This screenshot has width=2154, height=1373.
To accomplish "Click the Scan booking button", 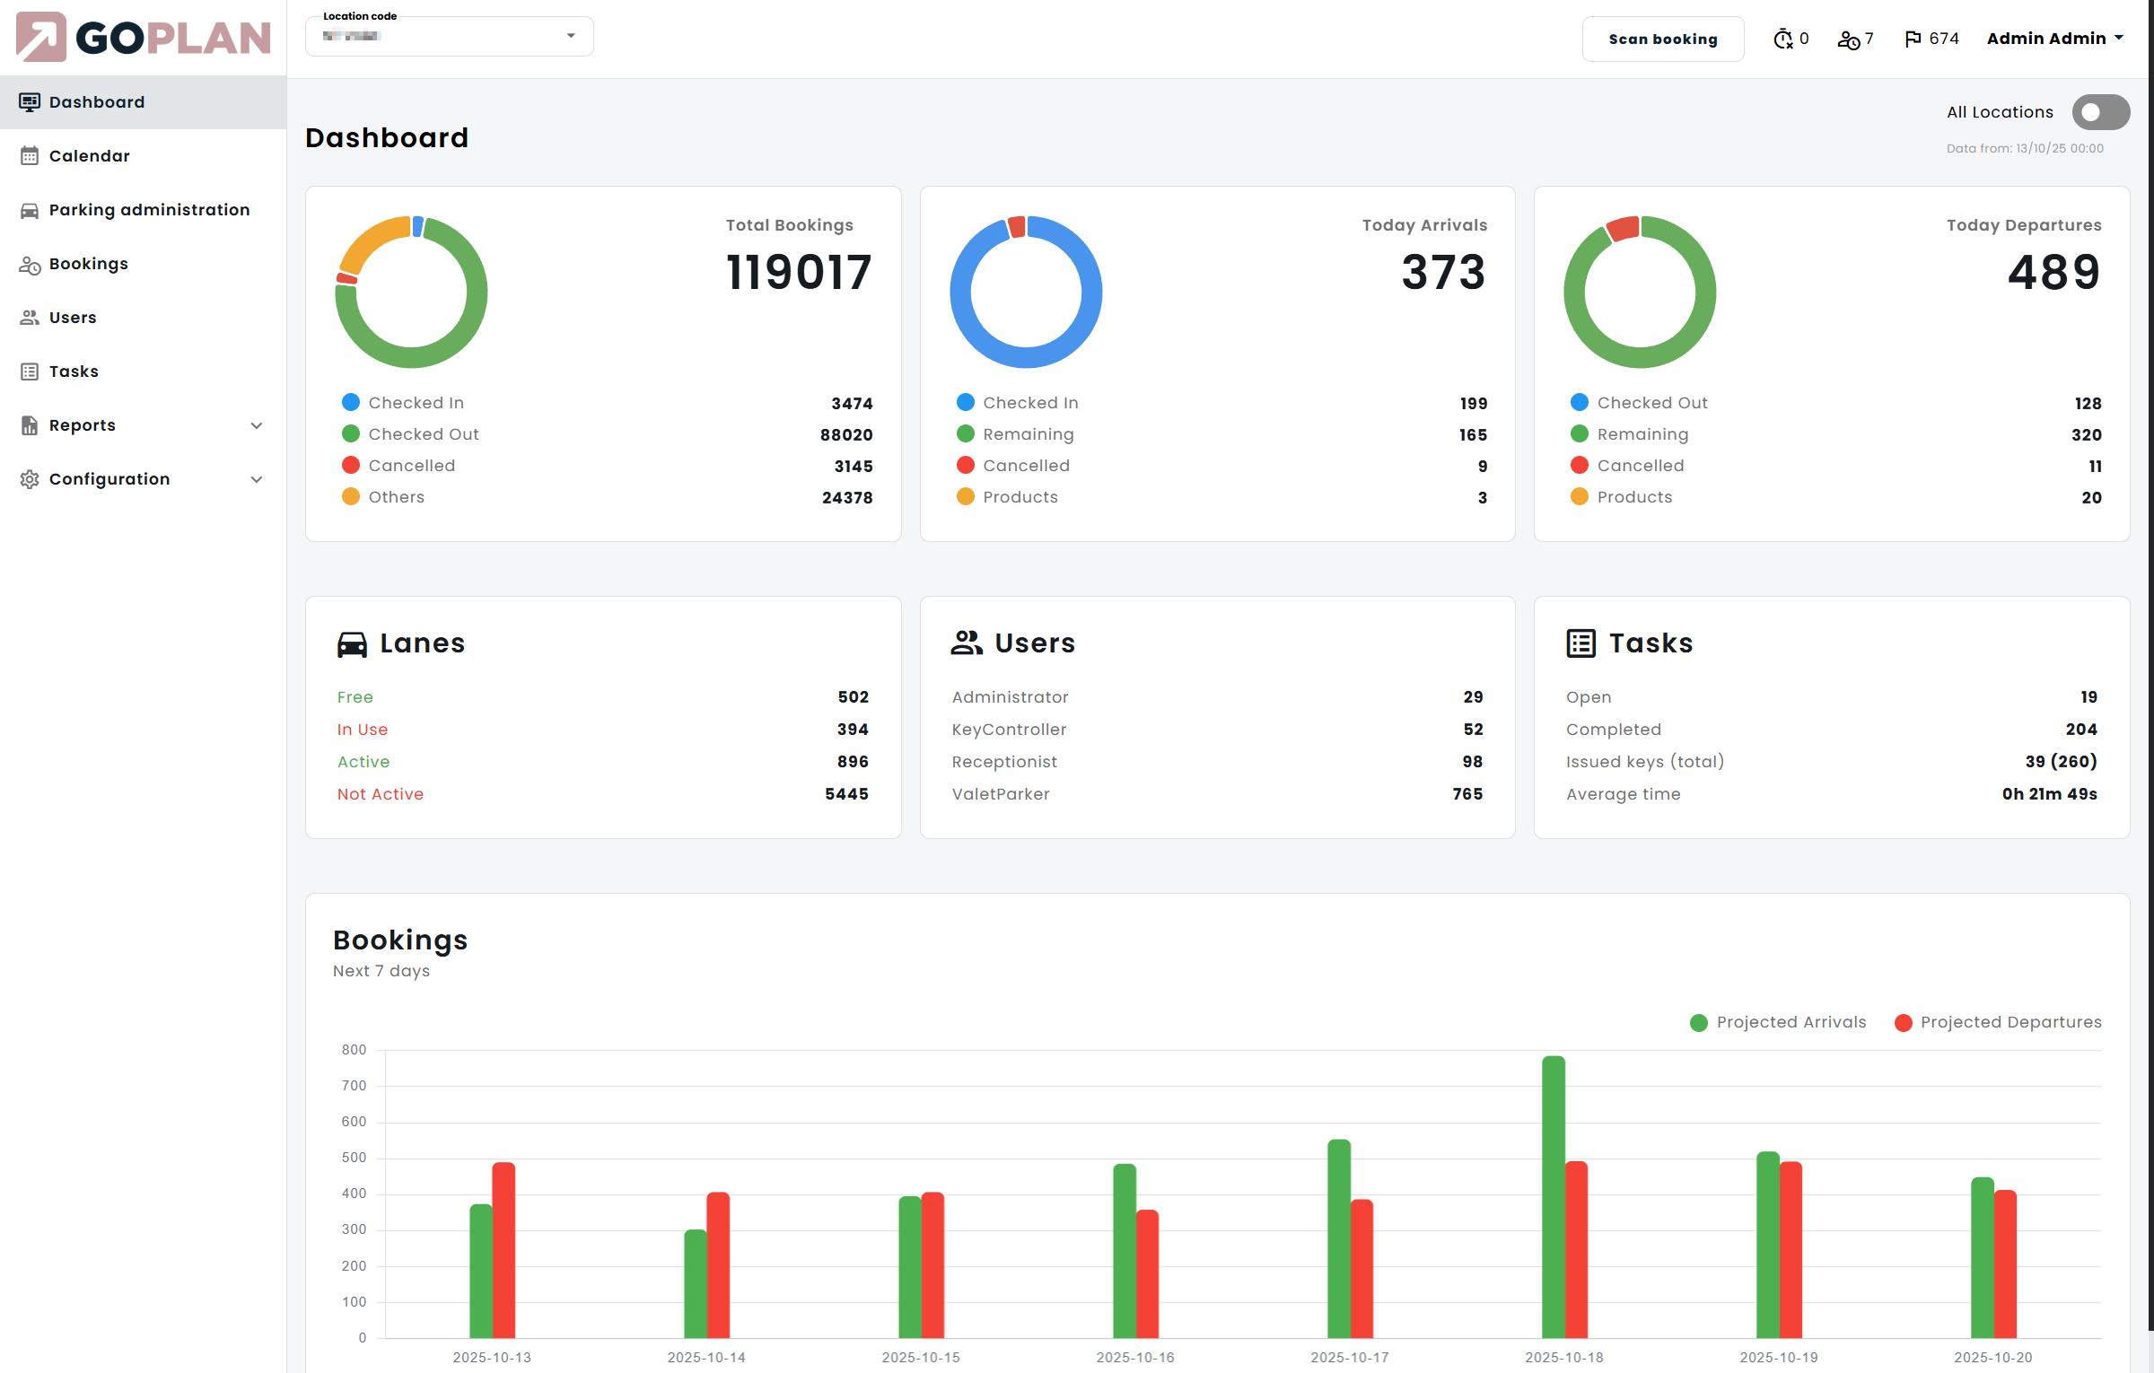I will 1662,39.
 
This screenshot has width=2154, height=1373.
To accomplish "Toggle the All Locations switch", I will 2099,112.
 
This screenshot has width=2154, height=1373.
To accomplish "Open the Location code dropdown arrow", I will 571,36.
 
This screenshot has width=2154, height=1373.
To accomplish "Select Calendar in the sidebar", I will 89,156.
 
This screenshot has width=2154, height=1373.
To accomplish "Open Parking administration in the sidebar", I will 149,210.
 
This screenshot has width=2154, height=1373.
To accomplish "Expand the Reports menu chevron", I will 257,425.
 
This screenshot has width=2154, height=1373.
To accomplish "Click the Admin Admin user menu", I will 2053,39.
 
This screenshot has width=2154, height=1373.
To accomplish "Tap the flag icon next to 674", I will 1912,39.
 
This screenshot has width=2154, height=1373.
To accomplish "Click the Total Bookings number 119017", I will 798,272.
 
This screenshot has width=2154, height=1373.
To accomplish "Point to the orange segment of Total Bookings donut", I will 368,241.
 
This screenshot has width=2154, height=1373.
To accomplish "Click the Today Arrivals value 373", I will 1442,272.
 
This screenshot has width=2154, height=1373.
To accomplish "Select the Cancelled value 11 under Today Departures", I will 2095,467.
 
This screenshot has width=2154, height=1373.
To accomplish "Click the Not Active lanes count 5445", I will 846,794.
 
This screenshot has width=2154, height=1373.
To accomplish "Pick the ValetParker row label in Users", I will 1000,794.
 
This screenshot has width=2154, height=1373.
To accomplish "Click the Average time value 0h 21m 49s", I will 2049,794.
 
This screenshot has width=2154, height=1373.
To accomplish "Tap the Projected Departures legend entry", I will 1998,1022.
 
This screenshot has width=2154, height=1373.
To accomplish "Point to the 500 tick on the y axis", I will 354,1158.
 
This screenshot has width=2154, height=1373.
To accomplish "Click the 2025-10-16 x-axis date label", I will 1134,1357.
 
